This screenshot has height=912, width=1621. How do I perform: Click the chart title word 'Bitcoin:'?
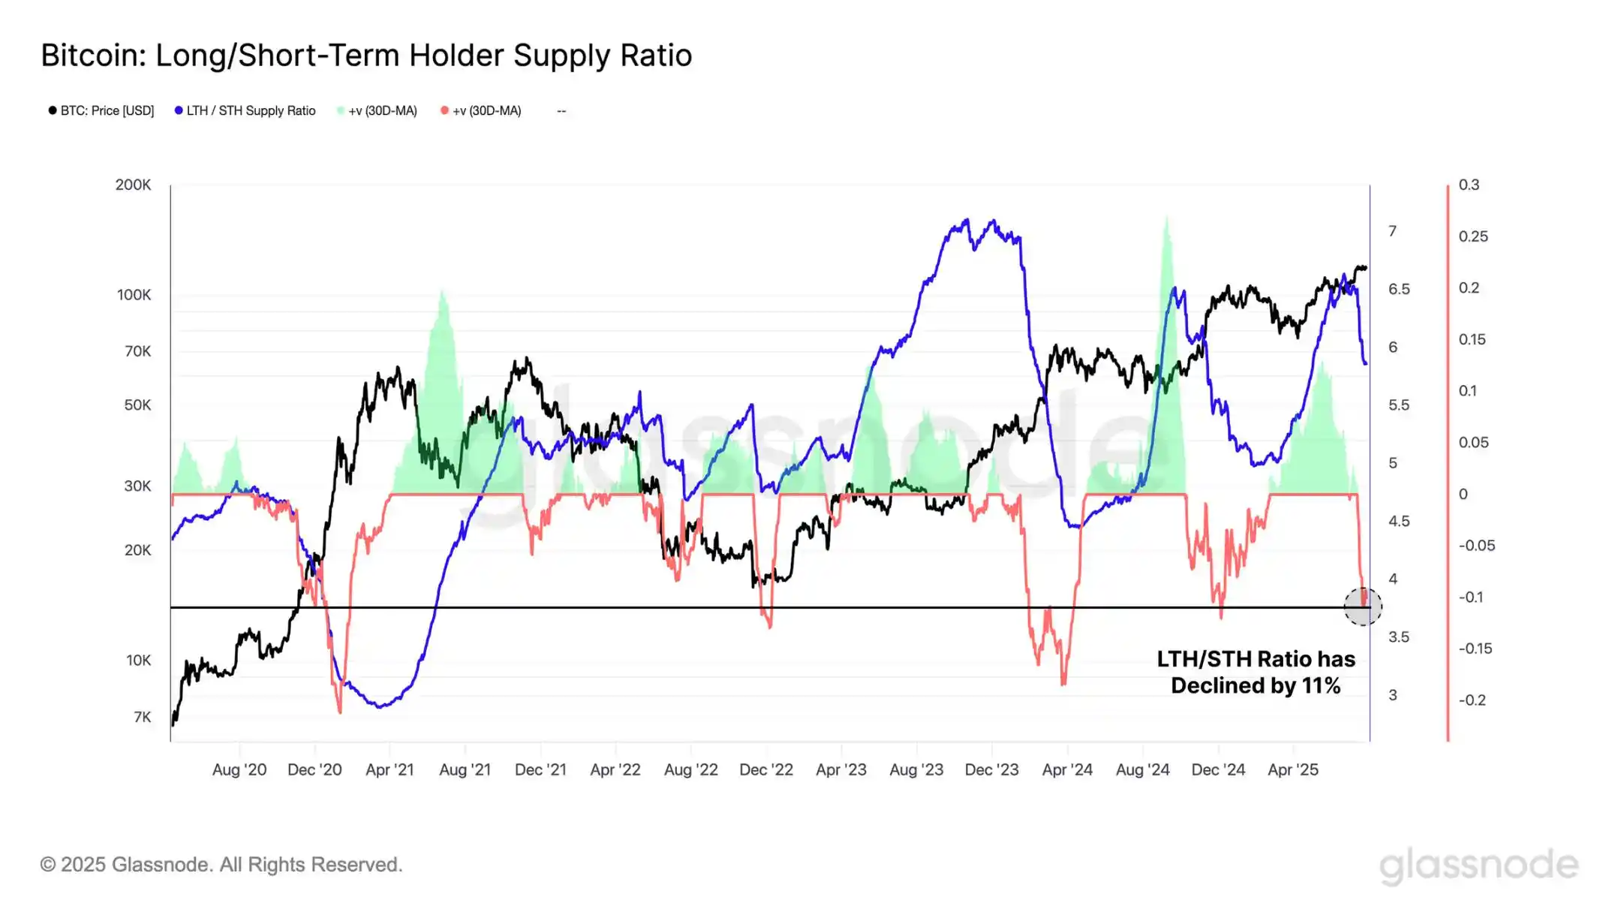94,56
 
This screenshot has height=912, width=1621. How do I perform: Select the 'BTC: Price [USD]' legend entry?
101,111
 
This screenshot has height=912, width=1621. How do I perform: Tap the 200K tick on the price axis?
133,185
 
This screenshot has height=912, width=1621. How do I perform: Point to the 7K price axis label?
142,717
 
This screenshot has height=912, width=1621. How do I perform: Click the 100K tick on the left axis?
134,295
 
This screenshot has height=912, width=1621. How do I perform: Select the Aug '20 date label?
239,769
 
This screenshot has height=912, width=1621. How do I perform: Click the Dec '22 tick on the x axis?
766,769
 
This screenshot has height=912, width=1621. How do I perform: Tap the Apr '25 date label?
1293,769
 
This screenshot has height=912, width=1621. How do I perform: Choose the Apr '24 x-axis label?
1067,769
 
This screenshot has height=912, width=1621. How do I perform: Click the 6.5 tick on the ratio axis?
1399,289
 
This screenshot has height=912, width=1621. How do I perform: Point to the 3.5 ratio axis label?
1399,637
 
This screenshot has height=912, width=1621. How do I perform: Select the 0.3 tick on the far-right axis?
1469,185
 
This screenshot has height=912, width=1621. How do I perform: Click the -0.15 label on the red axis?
1475,649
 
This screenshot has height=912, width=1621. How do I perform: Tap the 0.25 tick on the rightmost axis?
1473,236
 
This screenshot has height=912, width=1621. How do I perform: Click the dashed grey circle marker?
1362,606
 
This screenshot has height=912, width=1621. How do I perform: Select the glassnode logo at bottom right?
1478,865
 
